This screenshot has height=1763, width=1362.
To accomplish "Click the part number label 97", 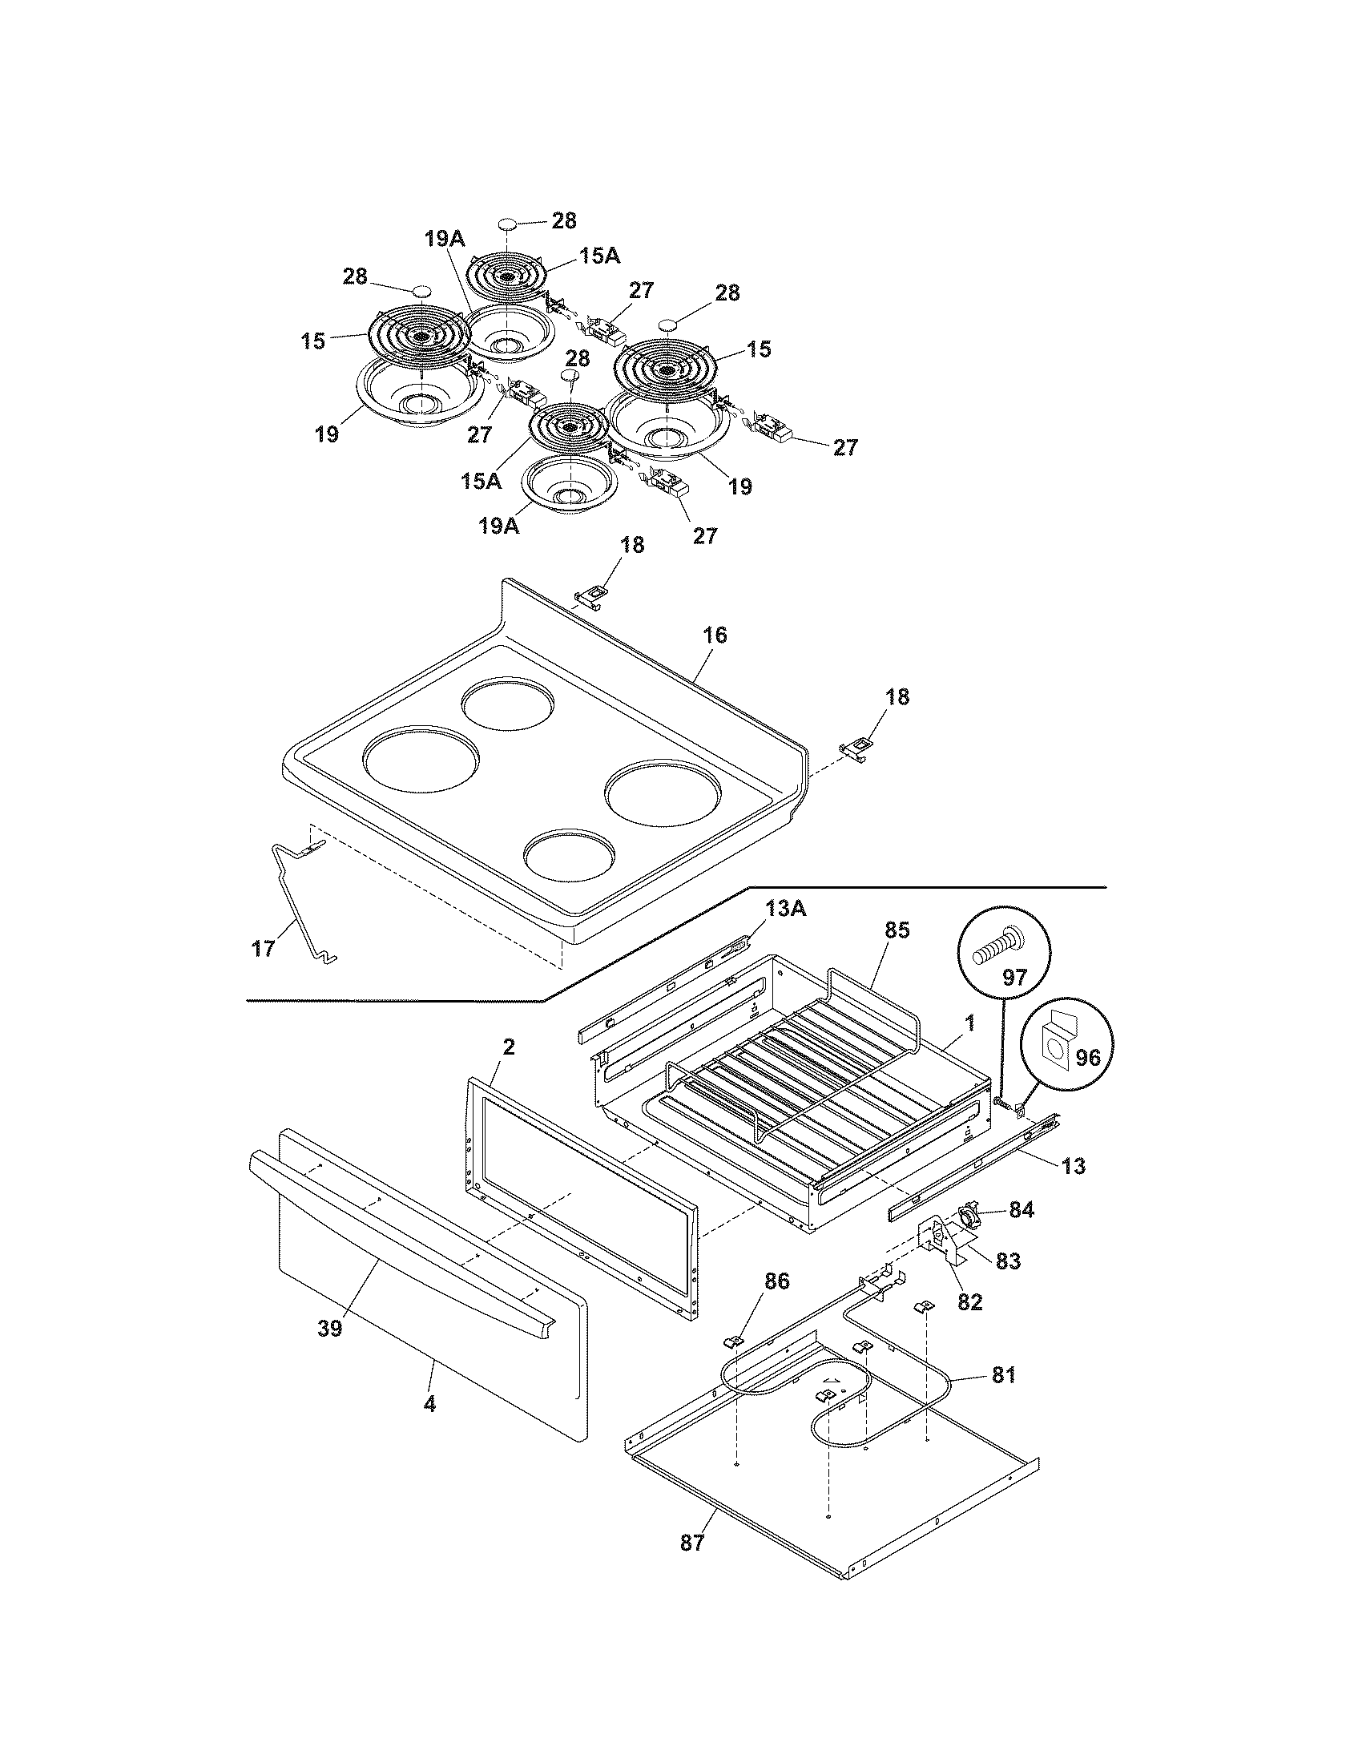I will (x=1013, y=978).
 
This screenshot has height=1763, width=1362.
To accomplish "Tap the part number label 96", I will (x=1087, y=1057).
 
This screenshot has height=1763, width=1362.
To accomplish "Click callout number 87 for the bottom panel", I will (x=692, y=1543).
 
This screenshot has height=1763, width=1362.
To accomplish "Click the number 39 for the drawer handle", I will (x=330, y=1329).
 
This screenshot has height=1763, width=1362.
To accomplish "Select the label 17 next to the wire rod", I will (x=264, y=949).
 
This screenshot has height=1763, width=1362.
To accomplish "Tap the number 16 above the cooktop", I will (x=715, y=635).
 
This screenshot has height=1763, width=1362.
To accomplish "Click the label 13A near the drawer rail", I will (x=785, y=909).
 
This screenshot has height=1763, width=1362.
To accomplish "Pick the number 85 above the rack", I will (x=897, y=930).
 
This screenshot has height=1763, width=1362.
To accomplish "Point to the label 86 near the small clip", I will (x=777, y=1281).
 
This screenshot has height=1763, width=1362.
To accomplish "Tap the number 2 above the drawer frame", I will (x=508, y=1048).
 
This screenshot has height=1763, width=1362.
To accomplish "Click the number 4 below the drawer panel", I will (x=429, y=1405).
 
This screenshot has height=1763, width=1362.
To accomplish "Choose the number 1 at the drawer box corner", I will (x=970, y=1023).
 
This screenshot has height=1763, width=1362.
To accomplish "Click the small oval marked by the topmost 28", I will (x=506, y=223).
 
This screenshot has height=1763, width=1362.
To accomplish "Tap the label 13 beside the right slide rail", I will (x=1073, y=1166).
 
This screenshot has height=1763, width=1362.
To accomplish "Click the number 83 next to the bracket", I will (x=1008, y=1260).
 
